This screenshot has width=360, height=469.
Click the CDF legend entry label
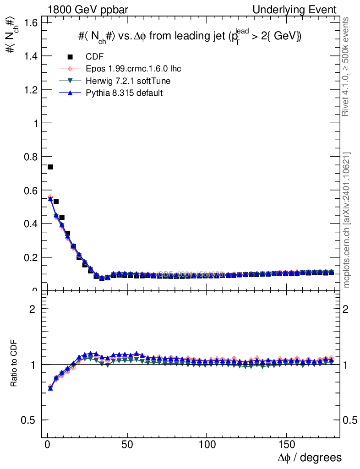pyautogui.click(x=95, y=57)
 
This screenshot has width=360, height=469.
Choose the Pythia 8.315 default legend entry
pyautogui.click(x=124, y=93)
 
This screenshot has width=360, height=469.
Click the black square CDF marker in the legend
pyautogui.click(x=71, y=57)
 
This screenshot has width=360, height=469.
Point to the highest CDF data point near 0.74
pyautogui.click(x=50, y=167)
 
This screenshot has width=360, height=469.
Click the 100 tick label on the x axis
pyautogui.click(x=207, y=445)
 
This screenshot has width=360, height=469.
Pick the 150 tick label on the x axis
pyautogui.click(x=286, y=445)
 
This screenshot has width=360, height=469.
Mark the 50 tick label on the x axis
pyautogui.click(x=127, y=445)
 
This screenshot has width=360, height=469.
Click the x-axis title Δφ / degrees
pyautogui.click(x=310, y=457)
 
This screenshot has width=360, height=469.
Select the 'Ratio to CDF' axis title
pyautogui.click(x=14, y=365)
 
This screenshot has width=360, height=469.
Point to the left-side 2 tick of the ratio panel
pyautogui.click(x=32, y=309)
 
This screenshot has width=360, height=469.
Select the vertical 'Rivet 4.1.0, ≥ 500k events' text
pyautogui.click(x=347, y=66)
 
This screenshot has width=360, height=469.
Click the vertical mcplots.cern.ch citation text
pyautogui.click(x=347, y=220)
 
